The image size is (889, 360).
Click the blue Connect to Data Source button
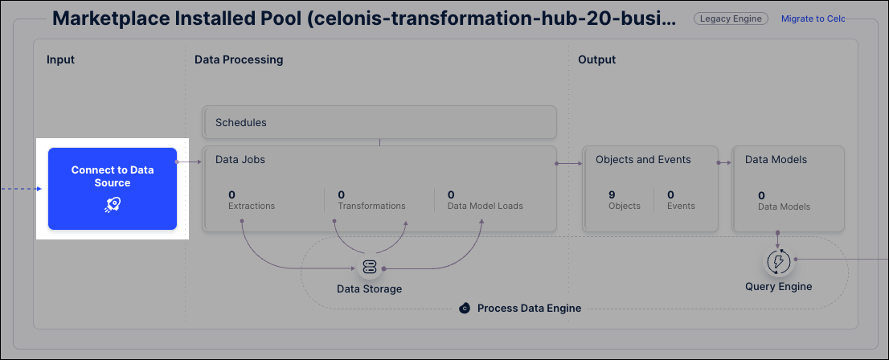113,189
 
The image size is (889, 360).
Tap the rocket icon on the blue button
113,205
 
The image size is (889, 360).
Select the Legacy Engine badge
731,18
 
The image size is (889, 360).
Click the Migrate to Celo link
813,18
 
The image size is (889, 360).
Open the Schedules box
379,122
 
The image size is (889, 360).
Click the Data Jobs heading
240,160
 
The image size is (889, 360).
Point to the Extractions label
252,206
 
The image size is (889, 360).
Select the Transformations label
372,206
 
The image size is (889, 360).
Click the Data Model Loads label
485,206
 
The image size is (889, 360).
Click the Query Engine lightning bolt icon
778,261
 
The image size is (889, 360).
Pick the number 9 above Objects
612,195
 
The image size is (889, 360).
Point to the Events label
681,207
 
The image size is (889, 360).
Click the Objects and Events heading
644,160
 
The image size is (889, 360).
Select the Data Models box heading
776,160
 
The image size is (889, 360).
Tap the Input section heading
60,59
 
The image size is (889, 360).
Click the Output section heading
597,59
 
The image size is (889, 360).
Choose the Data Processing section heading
239,59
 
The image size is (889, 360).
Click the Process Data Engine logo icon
465,309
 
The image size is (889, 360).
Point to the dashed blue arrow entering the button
21,189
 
